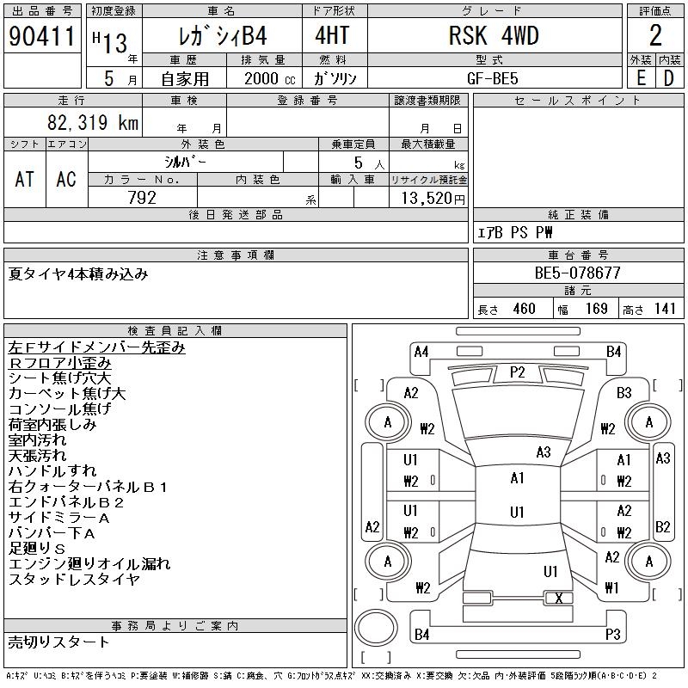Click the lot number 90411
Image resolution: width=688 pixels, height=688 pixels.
coord(41,36)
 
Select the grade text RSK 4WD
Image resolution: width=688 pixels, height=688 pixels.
coord(494,35)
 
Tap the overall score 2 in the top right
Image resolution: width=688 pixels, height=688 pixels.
coord(655,35)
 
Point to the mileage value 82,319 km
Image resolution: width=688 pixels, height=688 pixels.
coord(93,122)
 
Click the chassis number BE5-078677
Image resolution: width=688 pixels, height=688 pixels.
coord(577,273)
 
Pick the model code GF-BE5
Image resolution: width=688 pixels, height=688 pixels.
coord(492,78)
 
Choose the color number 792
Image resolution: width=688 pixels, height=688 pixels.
coord(142,198)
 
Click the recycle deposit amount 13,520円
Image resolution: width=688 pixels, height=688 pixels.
coord(433,198)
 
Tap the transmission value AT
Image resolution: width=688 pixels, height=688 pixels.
coord(25,179)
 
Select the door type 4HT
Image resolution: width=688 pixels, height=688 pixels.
coord(332,35)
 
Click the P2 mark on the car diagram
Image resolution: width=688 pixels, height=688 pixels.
coord(518,372)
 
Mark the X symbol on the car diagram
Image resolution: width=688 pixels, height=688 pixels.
coord(558,598)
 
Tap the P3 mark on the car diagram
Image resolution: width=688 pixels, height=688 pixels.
coord(613,634)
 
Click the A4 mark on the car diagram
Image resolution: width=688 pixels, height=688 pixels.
coord(421,352)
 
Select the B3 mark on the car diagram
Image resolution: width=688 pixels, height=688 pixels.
coord(623,392)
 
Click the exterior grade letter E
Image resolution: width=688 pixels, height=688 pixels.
coord(641,78)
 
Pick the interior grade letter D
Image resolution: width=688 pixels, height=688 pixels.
coord(669,78)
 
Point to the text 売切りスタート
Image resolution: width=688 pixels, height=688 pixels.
coord(58,642)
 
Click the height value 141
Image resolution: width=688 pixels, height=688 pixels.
coord(665,309)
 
